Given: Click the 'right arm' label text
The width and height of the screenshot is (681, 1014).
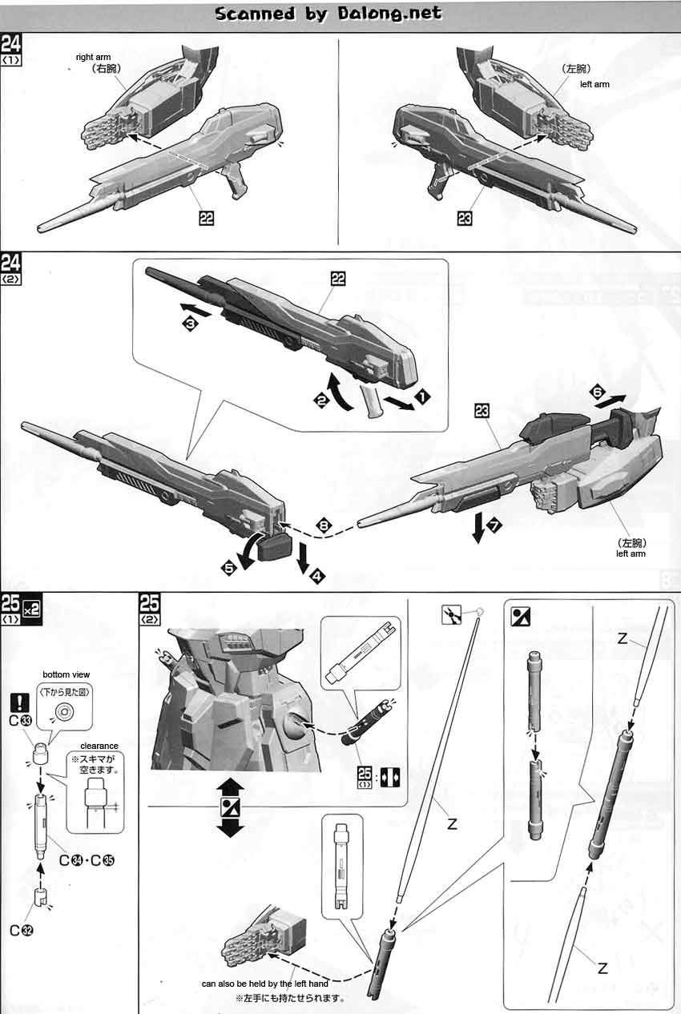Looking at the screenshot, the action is pyautogui.click(x=93, y=57).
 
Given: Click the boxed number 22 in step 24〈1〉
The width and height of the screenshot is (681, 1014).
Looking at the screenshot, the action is pyautogui.click(x=207, y=218).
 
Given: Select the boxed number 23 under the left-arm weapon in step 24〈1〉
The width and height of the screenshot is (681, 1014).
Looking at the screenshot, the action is pyautogui.click(x=465, y=218).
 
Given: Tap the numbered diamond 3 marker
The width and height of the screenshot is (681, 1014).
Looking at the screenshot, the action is pyautogui.click(x=191, y=324).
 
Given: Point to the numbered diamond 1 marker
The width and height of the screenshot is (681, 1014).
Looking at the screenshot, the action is pyautogui.click(x=422, y=397).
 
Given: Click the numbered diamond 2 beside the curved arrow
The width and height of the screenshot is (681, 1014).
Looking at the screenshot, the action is pyautogui.click(x=321, y=400).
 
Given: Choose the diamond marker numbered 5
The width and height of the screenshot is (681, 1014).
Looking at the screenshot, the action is pyautogui.click(x=229, y=568).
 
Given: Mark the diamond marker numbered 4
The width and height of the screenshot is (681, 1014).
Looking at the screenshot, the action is pyautogui.click(x=317, y=576).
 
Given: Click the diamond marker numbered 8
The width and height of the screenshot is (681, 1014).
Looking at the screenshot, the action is pyautogui.click(x=324, y=525).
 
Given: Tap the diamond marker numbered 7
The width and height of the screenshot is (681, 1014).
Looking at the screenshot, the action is pyautogui.click(x=494, y=525).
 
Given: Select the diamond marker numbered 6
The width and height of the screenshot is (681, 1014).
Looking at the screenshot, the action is pyautogui.click(x=598, y=392).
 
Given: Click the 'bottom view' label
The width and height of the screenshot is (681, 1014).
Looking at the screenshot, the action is pyautogui.click(x=66, y=674).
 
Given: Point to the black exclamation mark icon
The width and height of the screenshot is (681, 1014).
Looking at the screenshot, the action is pyautogui.click(x=19, y=702).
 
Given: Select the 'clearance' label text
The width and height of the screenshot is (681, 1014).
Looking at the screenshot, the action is pyautogui.click(x=99, y=746).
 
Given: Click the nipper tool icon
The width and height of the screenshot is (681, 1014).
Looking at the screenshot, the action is pyautogui.click(x=451, y=615).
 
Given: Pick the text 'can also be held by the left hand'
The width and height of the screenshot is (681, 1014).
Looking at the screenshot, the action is pyautogui.click(x=265, y=984).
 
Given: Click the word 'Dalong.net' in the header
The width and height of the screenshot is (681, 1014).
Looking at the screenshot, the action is pyautogui.click(x=389, y=14).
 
